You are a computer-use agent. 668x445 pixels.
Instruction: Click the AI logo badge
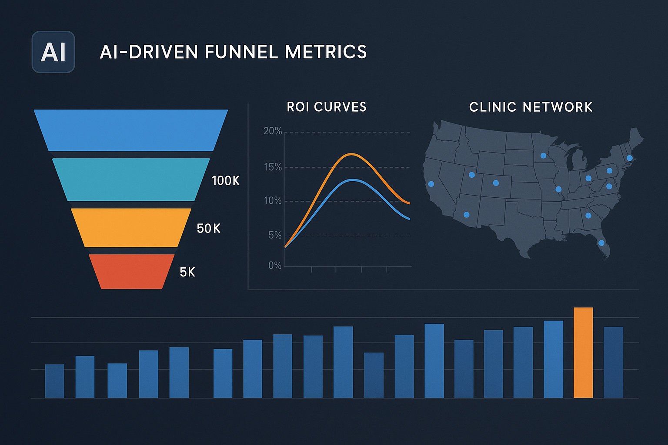[53, 52]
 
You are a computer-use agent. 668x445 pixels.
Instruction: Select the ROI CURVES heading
[327, 107]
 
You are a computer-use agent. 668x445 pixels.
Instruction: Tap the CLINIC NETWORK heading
[531, 107]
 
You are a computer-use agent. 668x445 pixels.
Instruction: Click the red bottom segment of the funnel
[131, 272]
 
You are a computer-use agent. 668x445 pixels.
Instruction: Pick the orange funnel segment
[131, 228]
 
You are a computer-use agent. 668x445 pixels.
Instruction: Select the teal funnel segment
[131, 179]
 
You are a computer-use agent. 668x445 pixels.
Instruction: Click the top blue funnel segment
[131, 130]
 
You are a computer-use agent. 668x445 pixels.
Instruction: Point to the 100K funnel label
[225, 181]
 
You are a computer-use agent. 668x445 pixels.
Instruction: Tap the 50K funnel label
[208, 229]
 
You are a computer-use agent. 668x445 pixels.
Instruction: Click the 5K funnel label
[187, 272]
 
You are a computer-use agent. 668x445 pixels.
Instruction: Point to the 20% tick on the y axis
[273, 131]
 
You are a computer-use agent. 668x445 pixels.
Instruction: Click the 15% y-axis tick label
[273, 167]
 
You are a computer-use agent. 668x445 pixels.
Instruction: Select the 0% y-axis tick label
[275, 266]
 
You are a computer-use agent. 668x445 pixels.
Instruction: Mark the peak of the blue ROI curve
[353, 180]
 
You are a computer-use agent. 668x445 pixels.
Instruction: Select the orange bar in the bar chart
[583, 352]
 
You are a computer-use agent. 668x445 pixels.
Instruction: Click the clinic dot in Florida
[601, 243]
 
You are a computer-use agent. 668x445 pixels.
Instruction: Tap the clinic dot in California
[431, 184]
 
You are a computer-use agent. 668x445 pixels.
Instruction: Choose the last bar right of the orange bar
[613, 362]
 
